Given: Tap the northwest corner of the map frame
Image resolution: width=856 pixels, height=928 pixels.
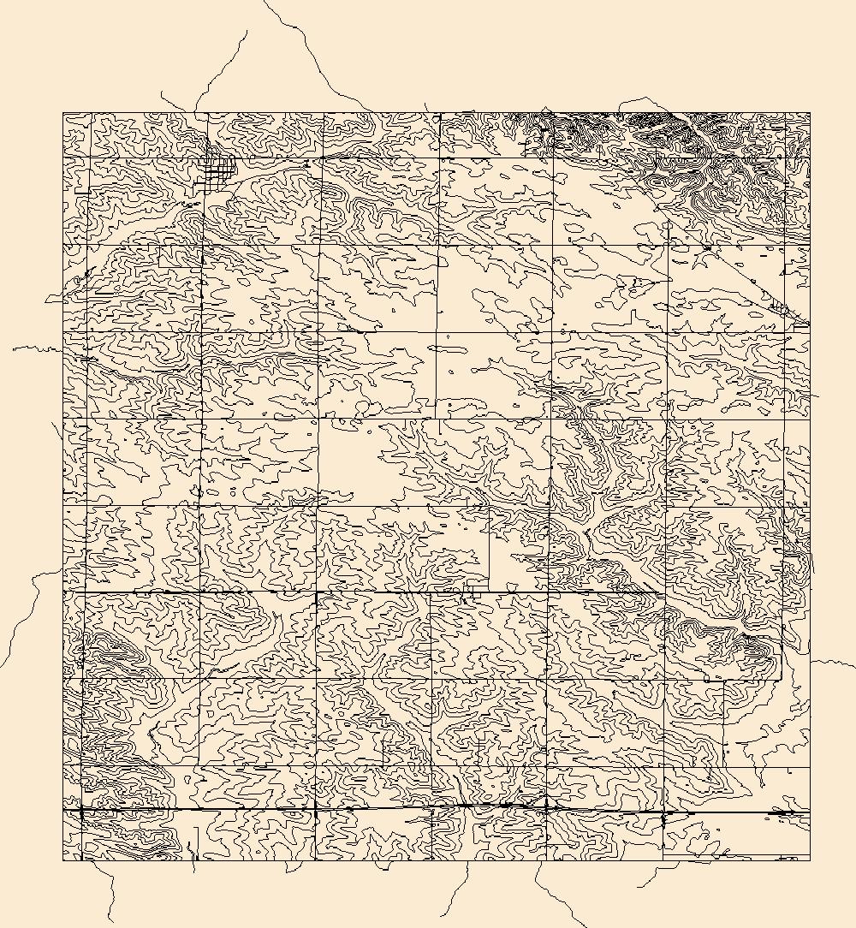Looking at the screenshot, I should (63, 113).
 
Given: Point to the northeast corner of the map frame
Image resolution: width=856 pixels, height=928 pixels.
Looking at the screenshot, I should (810, 112).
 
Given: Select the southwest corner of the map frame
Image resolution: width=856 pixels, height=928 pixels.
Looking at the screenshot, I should (63, 860).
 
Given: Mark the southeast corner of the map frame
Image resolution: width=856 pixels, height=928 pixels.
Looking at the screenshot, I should (810, 860).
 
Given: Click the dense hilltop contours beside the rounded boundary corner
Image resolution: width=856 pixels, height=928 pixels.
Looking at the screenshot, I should (753, 651).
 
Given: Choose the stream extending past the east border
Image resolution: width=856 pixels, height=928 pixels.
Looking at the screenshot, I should (830, 662).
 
